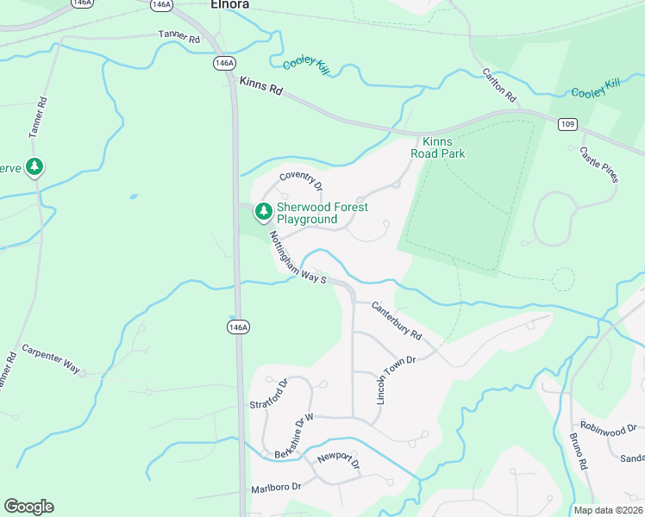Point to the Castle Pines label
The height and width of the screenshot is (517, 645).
tap(598, 164)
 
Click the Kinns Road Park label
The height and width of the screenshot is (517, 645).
tap(442, 147)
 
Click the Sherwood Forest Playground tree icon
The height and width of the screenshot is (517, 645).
tap(262, 210)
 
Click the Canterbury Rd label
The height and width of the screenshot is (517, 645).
tap(397, 320)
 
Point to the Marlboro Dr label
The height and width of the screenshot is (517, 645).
tap(276, 487)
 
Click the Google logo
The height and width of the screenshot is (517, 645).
tap(28, 507)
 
